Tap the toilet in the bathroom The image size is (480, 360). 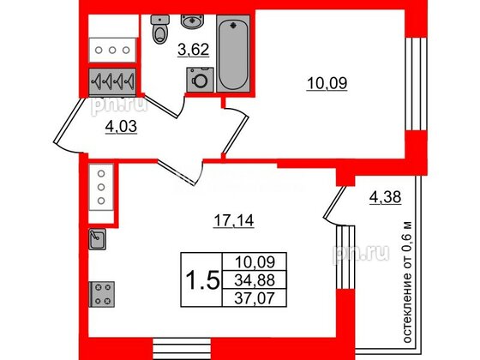159,32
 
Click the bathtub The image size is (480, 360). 233,53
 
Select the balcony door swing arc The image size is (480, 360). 332,206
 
